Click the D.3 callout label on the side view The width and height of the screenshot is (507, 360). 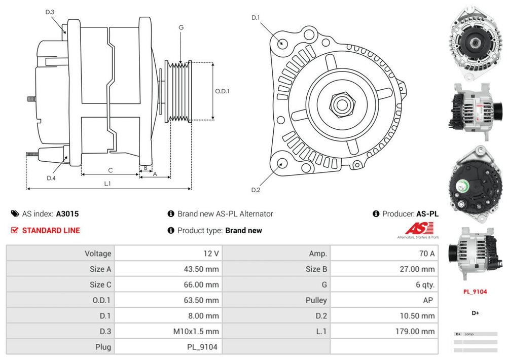50,12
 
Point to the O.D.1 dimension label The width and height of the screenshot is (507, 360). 222,91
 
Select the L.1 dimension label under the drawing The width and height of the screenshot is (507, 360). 107,184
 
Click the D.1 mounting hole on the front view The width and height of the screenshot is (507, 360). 282,43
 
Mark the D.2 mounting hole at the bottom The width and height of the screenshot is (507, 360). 282,163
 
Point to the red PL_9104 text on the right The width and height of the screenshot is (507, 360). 475,292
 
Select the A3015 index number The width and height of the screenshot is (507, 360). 67,214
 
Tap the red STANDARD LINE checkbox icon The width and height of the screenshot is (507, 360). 14,230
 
